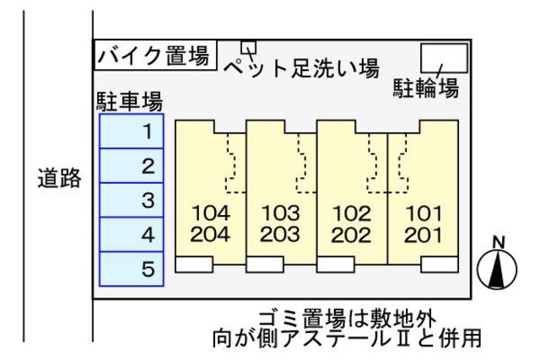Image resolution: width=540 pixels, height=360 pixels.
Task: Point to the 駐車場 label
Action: point(128,102)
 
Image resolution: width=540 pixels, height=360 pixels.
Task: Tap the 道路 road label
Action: point(58,178)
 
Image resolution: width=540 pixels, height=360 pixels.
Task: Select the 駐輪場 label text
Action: point(426,88)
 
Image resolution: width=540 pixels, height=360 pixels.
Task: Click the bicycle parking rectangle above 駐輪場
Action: point(444,58)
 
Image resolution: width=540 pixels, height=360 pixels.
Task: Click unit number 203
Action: point(281,234)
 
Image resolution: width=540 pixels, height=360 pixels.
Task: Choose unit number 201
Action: point(423,234)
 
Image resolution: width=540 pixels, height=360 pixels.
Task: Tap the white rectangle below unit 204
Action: point(194,265)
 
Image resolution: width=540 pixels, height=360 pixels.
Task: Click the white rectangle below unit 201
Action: point(440,265)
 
